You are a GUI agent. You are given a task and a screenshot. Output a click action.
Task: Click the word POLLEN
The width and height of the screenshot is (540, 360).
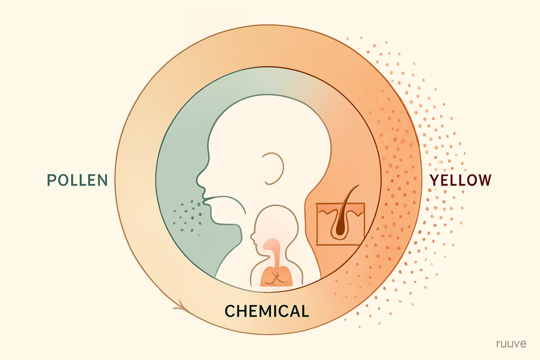pos(77,180)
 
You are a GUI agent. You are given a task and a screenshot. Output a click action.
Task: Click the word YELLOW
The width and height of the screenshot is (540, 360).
pos(460,180)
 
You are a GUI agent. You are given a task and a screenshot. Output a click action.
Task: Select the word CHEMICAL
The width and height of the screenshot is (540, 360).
pos(267,311)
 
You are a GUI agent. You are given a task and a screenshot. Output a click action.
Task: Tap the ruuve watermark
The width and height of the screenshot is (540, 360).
pos(511,344)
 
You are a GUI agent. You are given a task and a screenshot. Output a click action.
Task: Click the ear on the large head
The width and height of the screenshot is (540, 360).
pos(274,168)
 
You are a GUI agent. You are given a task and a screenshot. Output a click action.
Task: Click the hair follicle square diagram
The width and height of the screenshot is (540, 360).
pos(340,223)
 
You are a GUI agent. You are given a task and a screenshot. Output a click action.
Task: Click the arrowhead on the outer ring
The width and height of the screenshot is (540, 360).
pos(181,306)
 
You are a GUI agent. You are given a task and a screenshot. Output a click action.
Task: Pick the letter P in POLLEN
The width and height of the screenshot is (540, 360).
pos(52,180)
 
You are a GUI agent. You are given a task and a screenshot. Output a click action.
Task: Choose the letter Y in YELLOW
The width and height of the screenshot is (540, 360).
pos(435,180)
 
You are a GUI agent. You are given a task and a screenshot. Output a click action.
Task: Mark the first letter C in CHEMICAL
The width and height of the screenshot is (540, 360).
pos(230,311)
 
